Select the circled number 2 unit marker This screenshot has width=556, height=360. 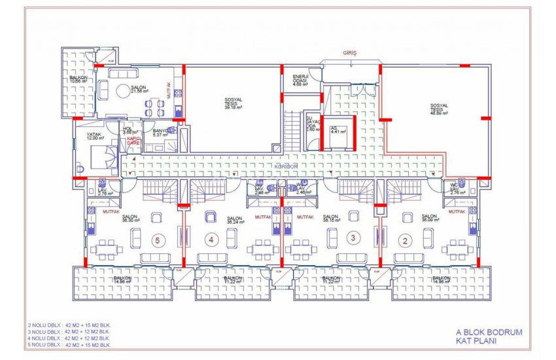[406, 240]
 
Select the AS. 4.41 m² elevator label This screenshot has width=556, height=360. [338, 130]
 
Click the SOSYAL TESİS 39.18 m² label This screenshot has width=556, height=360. [234, 103]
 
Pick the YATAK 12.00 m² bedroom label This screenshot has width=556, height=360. [95, 136]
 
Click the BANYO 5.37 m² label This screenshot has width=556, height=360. [160, 134]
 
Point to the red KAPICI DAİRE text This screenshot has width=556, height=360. [133, 141]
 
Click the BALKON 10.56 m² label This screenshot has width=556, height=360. [79, 80]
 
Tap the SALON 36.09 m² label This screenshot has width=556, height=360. [429, 218]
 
